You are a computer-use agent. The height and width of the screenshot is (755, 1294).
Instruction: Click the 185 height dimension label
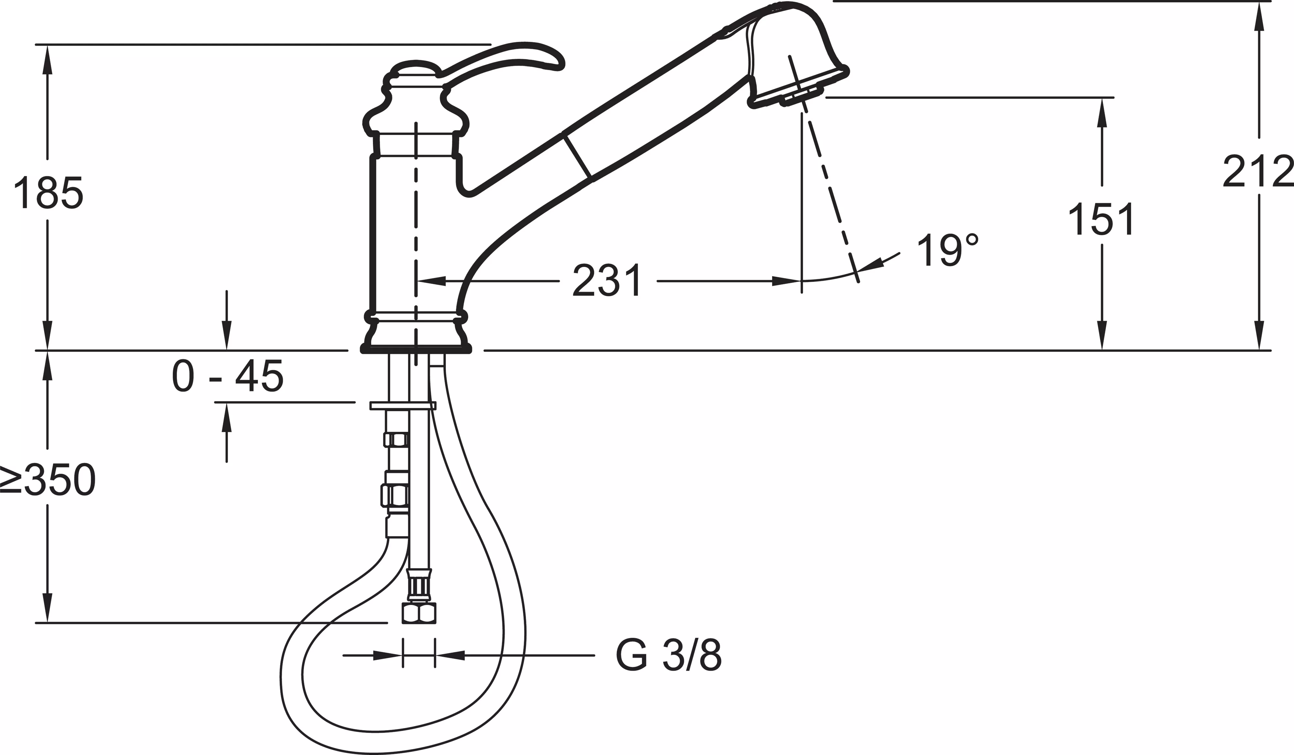pos(48,192)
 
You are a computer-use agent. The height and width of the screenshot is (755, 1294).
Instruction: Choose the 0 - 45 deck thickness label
pos(227,376)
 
